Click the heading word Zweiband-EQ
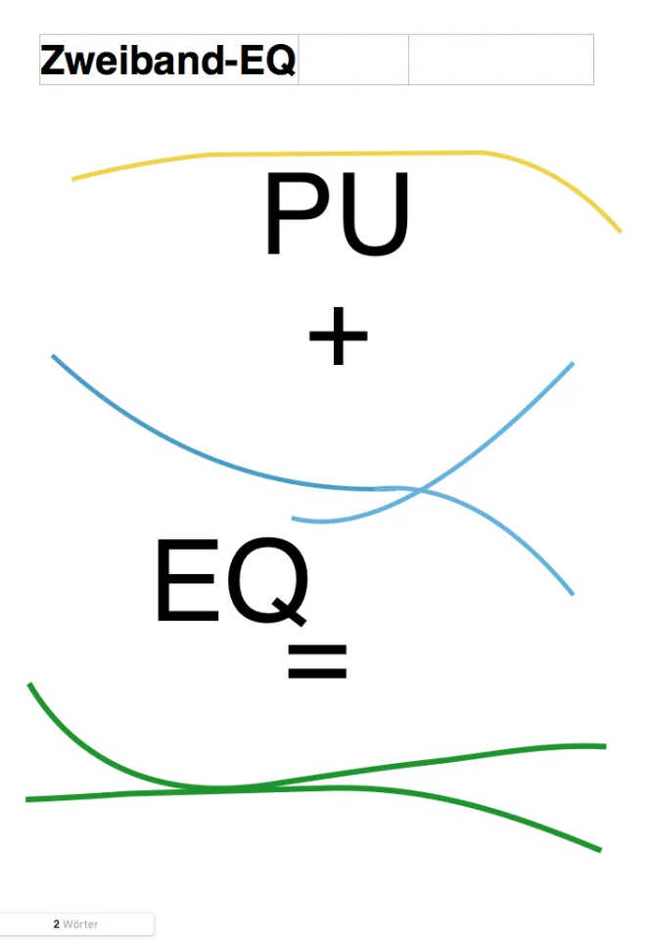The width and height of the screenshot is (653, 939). [167, 61]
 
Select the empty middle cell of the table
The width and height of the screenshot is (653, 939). [353, 60]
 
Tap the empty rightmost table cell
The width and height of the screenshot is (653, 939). [500, 60]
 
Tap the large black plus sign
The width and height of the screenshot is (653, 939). [338, 335]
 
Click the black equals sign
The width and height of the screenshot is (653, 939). [317, 662]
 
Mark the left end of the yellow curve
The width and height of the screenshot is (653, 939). [73, 179]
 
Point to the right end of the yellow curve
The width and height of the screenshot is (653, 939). [620, 231]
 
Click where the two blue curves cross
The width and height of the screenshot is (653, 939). [420, 489]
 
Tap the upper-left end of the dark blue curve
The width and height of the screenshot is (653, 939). [53, 356]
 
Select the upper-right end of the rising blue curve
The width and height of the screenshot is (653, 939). [572, 364]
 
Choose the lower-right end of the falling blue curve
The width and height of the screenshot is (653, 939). [572, 594]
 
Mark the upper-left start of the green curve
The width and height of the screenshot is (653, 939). [30, 685]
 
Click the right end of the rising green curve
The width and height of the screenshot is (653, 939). [604, 746]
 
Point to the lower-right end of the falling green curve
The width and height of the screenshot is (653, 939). [599, 850]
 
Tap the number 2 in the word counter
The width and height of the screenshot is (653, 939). [57, 923]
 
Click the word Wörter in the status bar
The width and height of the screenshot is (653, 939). [80, 923]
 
